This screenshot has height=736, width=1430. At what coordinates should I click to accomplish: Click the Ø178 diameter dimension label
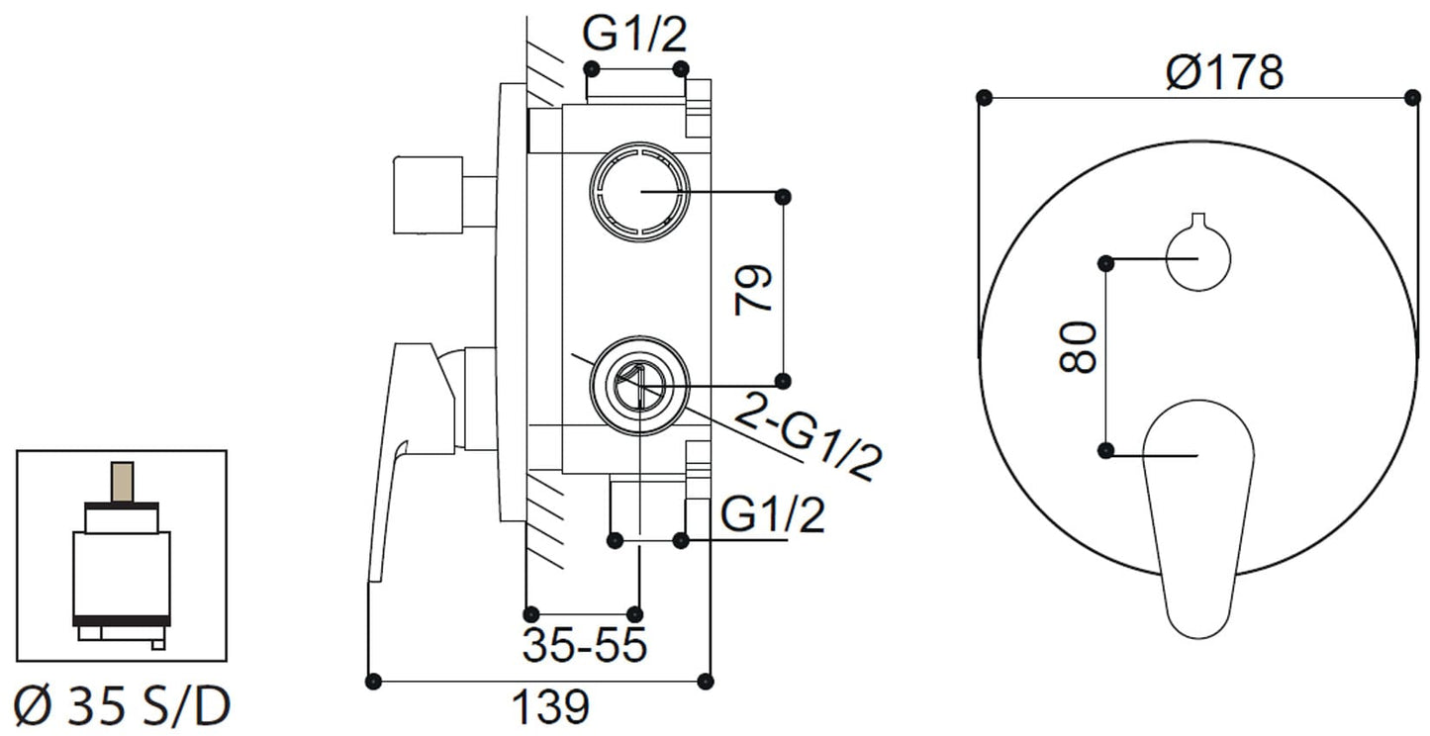(1223, 72)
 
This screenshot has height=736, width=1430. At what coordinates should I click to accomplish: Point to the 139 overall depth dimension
(550, 706)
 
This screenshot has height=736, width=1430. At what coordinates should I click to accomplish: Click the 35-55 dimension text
(584, 646)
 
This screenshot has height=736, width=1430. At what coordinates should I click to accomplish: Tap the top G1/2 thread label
(634, 36)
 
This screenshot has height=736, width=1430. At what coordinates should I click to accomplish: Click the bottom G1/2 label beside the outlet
(772, 515)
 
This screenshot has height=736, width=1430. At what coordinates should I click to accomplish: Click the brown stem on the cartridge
(122, 482)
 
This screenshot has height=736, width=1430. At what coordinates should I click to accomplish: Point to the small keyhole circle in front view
(1197, 257)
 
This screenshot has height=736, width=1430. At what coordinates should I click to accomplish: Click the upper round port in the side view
(638, 192)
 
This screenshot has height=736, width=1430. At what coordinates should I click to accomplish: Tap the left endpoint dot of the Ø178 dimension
(983, 97)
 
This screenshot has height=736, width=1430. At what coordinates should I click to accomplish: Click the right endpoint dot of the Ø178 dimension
(1412, 97)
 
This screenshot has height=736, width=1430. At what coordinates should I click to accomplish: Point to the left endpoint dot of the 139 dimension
(373, 681)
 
